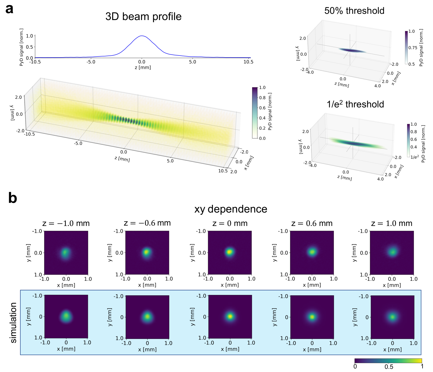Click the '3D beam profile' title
click(143, 17)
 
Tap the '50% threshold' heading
click(354, 11)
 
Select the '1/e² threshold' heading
click(355, 104)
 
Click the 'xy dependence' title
click(231, 209)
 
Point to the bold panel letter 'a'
click(9, 9)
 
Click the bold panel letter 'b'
click(13, 198)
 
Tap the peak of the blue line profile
click(142, 36)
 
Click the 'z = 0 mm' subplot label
click(230, 223)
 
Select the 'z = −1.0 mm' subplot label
click(66, 223)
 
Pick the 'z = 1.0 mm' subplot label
click(392, 223)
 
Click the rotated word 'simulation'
click(13, 323)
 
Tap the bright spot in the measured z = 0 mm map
click(229, 252)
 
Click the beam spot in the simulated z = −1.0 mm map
click(66, 316)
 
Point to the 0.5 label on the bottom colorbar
click(389, 367)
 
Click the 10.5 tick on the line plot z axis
click(248, 62)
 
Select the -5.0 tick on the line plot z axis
click(91, 62)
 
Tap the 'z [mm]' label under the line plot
click(143, 67)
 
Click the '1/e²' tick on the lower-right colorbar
click(415, 157)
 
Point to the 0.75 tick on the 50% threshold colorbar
click(413, 48)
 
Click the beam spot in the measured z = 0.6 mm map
click(312, 252)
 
